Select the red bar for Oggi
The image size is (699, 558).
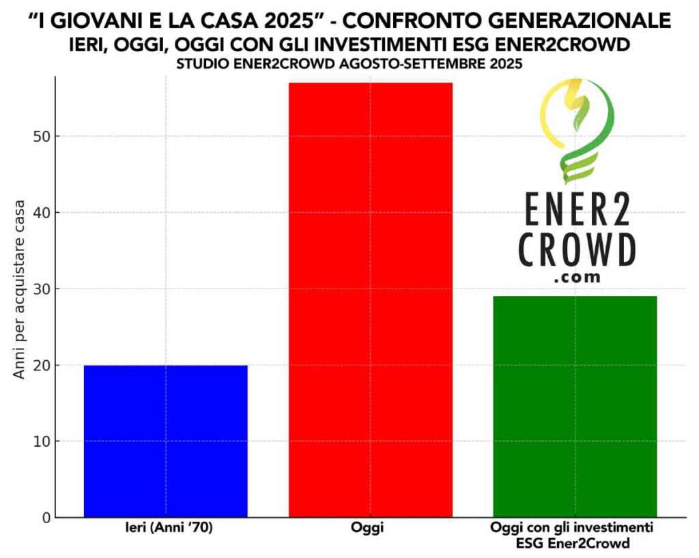pos(371,300)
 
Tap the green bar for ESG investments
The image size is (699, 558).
pos(575,407)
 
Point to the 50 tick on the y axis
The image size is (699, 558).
pos(42,136)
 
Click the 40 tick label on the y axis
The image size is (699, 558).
pos(42,213)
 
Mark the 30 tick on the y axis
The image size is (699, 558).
pos(42,289)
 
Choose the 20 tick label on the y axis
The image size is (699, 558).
pos(42,365)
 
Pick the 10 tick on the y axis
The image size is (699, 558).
pos(42,441)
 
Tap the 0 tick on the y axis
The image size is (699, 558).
pos(46,518)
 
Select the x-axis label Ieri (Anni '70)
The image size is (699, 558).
pos(165,529)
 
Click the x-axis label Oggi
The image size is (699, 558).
pos(371,529)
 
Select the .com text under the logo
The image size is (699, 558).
pos(577,278)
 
